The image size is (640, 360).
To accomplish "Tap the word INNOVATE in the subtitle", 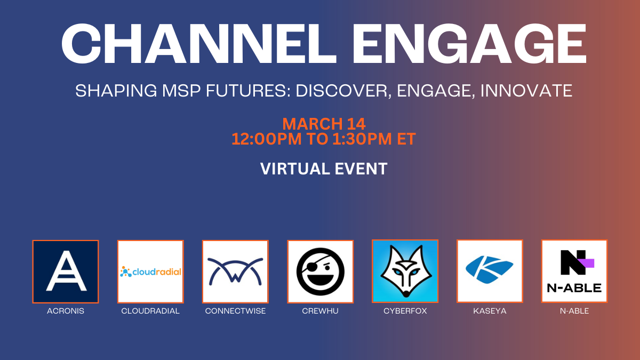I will (526, 91).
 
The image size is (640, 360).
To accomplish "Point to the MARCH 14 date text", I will (324, 124).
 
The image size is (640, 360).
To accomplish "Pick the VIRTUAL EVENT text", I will (324, 169).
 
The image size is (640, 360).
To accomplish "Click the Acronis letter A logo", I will (66, 271).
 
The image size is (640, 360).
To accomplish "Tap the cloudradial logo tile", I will (150, 271).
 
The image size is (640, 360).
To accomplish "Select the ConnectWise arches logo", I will (235, 271).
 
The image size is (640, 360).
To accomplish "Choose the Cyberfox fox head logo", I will (405, 271).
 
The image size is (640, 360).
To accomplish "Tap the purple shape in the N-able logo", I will (587, 262).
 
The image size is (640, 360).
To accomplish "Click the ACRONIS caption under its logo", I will (66, 311).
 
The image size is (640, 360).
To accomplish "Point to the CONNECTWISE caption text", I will (235, 311).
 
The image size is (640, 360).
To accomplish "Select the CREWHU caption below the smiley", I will (320, 311).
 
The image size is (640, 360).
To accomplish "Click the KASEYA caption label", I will (490, 311).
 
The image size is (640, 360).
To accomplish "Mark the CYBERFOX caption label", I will (405, 311).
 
